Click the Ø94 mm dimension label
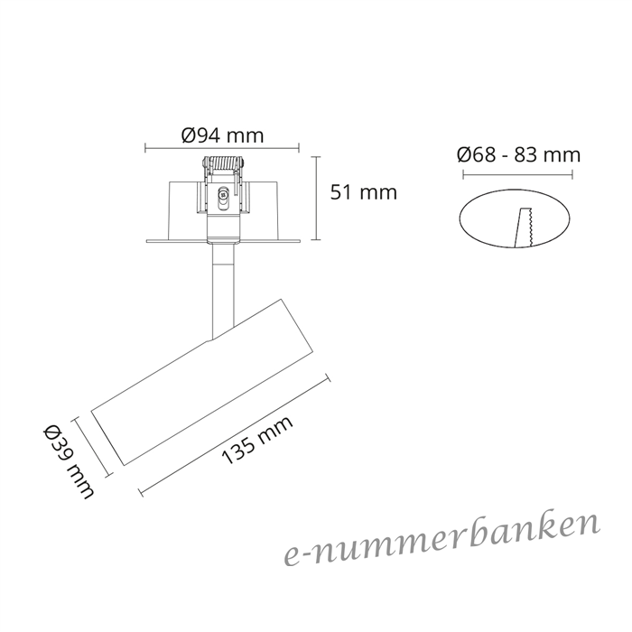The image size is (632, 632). pyautogui.click(x=222, y=135)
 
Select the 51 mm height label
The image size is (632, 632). pyautogui.click(x=364, y=192)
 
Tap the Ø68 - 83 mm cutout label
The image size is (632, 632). pyautogui.click(x=519, y=154)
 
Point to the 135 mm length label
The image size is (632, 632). pyautogui.click(x=257, y=441)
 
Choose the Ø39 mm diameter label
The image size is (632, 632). pyautogui.click(x=69, y=462)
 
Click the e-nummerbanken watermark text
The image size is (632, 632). pyautogui.click(x=441, y=539)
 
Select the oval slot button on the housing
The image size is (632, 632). pyautogui.click(x=222, y=199)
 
